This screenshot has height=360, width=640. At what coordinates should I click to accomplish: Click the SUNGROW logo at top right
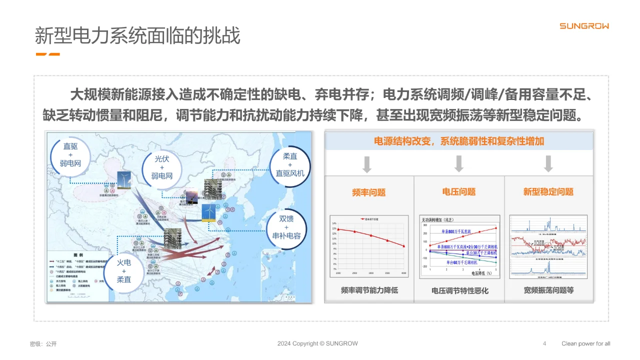[583, 26]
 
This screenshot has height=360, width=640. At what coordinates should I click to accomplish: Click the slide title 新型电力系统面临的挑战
[137, 36]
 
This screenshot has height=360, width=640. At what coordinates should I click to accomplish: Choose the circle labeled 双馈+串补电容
[286, 227]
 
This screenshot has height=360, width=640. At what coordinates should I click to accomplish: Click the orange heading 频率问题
[369, 192]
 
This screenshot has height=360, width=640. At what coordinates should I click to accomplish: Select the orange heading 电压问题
[458, 191]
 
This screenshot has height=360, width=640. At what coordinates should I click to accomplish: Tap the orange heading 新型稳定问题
[548, 191]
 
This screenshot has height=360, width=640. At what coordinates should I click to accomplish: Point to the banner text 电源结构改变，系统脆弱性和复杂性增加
[458, 141]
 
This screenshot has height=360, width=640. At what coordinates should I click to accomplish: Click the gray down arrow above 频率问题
[367, 164]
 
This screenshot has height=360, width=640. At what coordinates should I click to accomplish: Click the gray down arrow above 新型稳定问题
[548, 163]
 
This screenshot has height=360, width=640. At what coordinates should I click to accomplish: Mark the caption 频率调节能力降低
[369, 290]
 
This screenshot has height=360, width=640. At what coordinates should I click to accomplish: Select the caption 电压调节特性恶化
[459, 290]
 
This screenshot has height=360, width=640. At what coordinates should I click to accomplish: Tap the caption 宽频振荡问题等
[548, 290]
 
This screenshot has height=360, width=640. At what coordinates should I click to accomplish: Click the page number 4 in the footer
[544, 343]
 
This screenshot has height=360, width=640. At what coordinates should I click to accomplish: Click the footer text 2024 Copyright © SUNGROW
[317, 343]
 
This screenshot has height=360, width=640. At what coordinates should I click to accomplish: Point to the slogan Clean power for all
[585, 343]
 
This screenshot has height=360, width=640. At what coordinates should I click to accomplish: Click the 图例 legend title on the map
[78, 255]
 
